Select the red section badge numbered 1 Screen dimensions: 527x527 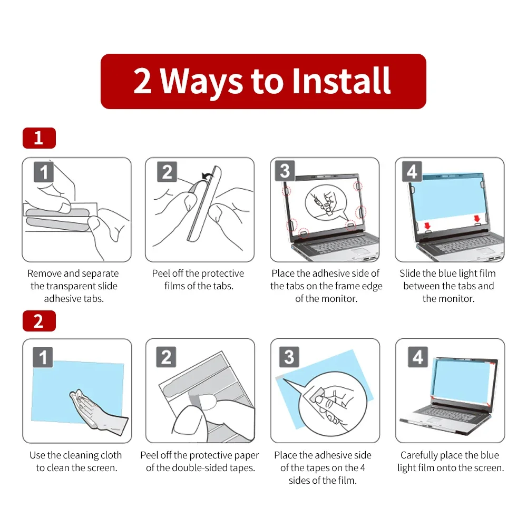[38, 138]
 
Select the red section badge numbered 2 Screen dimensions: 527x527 [38, 320]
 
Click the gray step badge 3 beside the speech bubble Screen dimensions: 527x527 [285, 171]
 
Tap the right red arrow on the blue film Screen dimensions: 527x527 [477, 218]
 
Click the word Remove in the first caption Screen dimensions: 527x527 [44, 274]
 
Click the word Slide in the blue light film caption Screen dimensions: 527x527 [409, 274]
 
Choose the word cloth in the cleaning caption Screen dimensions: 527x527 [110, 455]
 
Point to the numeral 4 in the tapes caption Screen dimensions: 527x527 [362, 468]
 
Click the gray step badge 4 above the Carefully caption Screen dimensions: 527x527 [417, 357]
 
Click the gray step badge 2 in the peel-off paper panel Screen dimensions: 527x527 [166, 357]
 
